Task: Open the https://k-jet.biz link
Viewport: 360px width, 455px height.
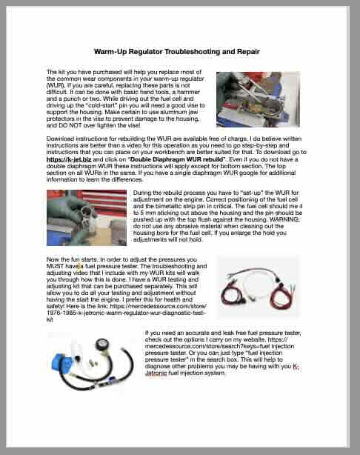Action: (69, 159)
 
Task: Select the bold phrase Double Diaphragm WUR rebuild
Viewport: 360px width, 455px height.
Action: (178, 159)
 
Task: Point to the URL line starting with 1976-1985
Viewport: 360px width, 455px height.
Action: (126, 313)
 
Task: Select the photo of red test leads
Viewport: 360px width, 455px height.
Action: (259, 287)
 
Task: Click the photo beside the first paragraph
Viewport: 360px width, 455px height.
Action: (259, 99)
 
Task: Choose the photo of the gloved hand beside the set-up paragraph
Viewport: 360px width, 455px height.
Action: (87, 218)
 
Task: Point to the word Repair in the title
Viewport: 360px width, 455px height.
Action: (248, 52)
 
